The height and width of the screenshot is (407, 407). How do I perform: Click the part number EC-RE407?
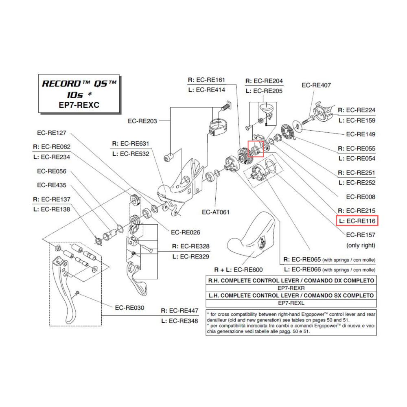316,85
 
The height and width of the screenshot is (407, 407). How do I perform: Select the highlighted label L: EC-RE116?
357,221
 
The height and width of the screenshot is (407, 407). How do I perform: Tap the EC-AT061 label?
216,212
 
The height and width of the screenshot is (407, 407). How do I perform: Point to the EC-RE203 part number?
142,121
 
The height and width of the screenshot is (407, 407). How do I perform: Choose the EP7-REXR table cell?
291,288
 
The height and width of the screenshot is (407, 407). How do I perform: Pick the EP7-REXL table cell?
291,303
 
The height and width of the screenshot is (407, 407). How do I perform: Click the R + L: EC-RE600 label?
238,269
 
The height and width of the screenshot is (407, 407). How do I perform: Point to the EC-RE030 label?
129,308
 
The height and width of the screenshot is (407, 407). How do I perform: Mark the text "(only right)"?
361,245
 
